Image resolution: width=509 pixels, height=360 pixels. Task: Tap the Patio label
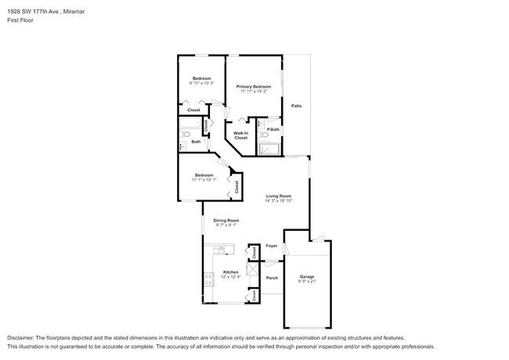(297, 106)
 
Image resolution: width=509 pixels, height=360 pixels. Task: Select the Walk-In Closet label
(240, 135)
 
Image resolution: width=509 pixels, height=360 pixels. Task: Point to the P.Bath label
(273, 129)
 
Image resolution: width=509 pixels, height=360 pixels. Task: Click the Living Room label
(278, 196)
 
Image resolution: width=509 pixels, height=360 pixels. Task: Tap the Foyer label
(272, 246)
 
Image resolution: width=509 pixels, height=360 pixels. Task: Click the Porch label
(272, 278)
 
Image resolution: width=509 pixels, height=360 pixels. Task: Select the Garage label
(307, 277)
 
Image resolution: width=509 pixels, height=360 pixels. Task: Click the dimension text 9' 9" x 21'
(307, 282)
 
